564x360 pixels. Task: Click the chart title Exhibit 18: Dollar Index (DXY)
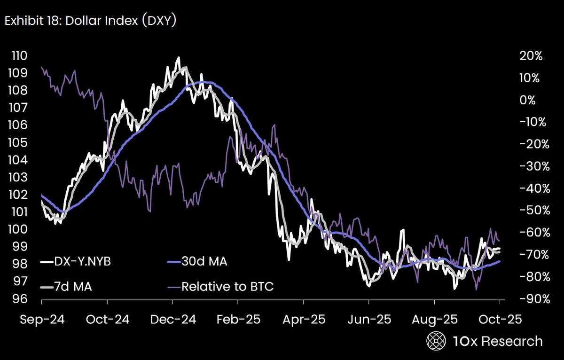click(90, 22)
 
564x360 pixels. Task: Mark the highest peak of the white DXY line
click(178, 58)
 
